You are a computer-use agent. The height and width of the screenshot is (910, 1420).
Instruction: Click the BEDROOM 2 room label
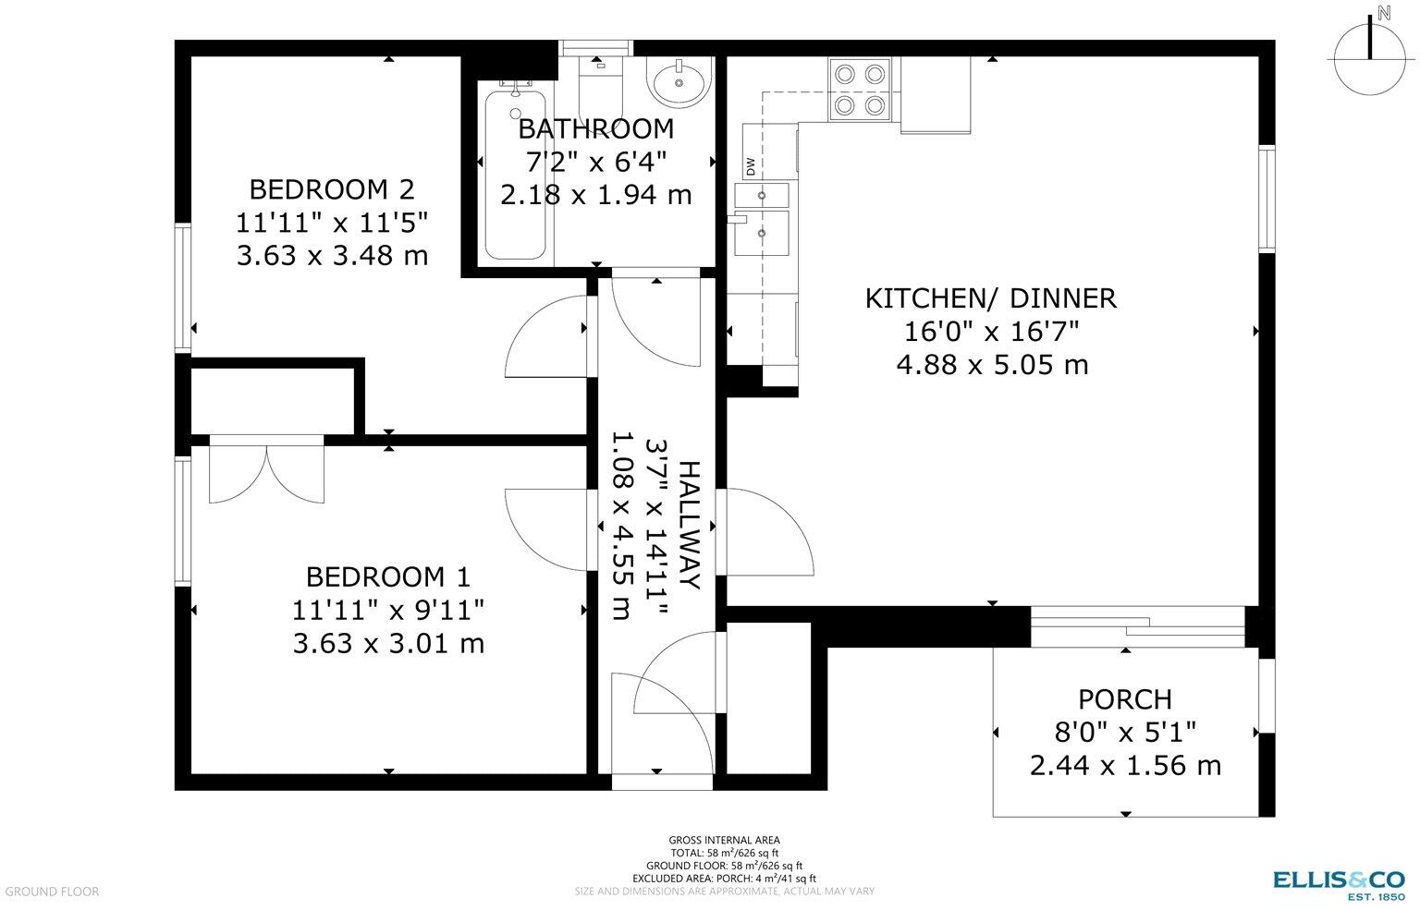(x=332, y=189)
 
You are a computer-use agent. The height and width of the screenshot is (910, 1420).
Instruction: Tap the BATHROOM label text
(x=595, y=129)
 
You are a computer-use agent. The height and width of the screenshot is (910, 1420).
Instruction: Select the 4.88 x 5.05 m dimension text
(x=991, y=364)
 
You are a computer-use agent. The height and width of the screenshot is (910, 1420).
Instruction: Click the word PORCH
(x=1124, y=699)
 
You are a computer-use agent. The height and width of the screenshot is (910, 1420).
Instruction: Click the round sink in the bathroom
(x=679, y=81)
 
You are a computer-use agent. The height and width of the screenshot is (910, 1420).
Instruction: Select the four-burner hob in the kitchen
(x=861, y=89)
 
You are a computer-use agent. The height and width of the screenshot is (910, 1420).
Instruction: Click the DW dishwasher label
(x=751, y=168)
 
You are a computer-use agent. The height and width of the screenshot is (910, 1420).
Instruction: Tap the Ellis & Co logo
(x=1339, y=882)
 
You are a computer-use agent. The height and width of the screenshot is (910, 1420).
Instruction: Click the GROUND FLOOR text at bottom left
(x=52, y=892)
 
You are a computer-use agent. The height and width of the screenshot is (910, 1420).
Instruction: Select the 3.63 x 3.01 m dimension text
(x=388, y=642)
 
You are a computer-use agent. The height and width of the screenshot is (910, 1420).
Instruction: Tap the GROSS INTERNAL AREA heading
(x=724, y=840)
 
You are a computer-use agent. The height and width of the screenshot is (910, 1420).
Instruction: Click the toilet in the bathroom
(x=599, y=79)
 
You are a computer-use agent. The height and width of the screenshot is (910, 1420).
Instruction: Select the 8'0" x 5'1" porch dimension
(x=1125, y=733)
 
